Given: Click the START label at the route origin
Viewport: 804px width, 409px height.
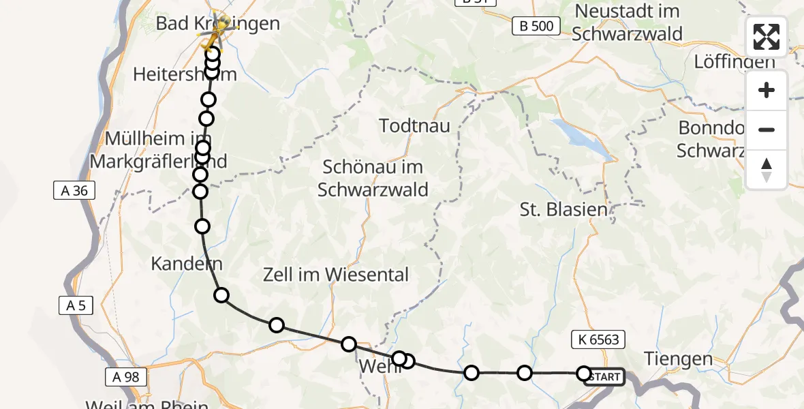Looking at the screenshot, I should (604, 377).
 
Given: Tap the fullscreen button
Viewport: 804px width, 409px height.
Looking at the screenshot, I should (767, 37).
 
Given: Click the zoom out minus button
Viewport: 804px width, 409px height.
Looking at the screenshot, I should (767, 130).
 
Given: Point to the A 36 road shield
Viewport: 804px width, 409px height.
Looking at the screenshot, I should (74, 191).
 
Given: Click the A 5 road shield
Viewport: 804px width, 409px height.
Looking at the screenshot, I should (75, 307).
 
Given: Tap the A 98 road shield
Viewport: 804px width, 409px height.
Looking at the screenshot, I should (126, 376).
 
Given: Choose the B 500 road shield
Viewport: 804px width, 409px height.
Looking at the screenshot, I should (536, 26).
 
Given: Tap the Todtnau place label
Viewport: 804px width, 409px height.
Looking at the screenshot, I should (412, 126).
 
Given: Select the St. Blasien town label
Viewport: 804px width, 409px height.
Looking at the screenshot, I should (563, 209).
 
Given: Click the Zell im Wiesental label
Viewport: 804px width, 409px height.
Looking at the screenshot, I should (336, 275).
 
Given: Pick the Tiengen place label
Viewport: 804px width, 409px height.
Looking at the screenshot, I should (678, 359).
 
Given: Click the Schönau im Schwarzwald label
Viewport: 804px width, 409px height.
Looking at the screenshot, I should (373, 178).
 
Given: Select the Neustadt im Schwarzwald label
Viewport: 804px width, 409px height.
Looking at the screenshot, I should (627, 22).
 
